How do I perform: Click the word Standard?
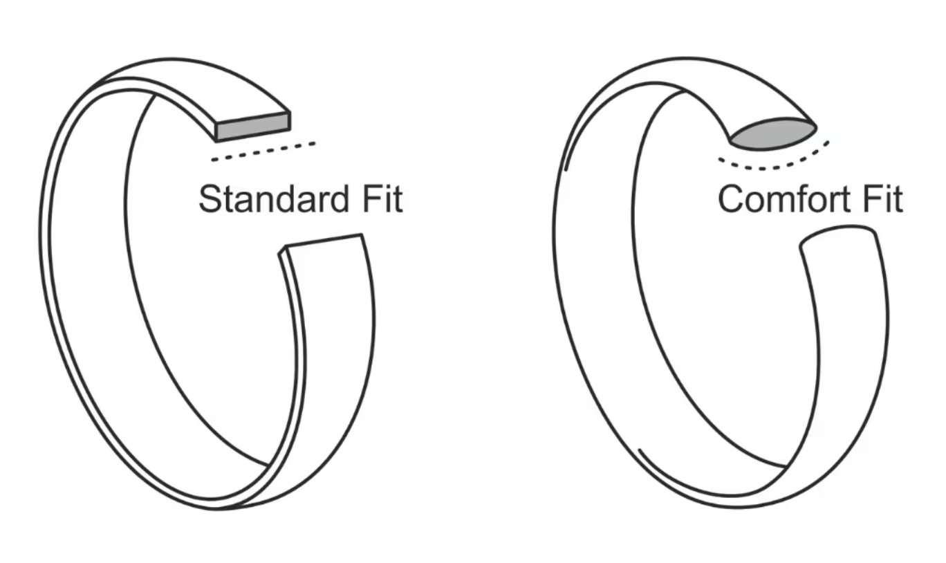[274, 199]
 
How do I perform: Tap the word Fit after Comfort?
[882, 199]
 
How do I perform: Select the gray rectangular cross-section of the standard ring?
[253, 127]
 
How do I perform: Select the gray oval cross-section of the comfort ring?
[773, 134]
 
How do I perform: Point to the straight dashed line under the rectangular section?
[263, 152]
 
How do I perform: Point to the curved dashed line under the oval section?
[774, 160]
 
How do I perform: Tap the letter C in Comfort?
[731, 199]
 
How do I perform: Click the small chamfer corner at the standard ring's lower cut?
[282, 250]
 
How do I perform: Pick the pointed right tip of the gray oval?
[817, 127]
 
